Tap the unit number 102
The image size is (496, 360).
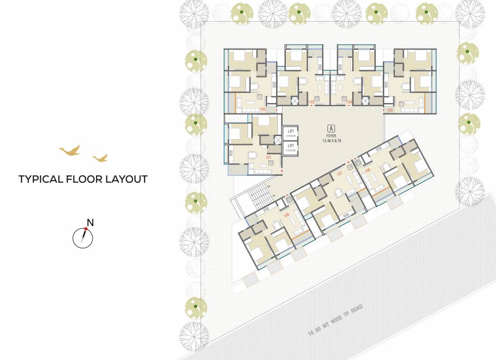click(x=263, y=109)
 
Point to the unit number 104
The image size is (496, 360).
click(x=349, y=102)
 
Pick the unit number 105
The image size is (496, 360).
click(x=390, y=110)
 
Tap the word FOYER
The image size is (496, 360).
click(x=332, y=135)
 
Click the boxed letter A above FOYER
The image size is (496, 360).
click(x=332, y=128)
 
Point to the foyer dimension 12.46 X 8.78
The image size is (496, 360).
click(x=332, y=141)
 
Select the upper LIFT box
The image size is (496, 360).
click(x=290, y=134)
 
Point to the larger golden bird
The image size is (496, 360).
click(x=69, y=150)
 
